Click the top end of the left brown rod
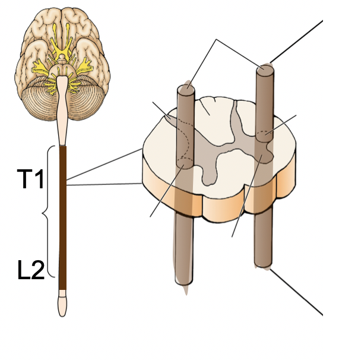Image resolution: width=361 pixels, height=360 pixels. pos(186,90)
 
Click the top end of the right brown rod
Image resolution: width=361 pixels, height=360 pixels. pos(265,70)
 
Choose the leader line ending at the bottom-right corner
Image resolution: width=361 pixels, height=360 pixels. pos(297,292)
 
